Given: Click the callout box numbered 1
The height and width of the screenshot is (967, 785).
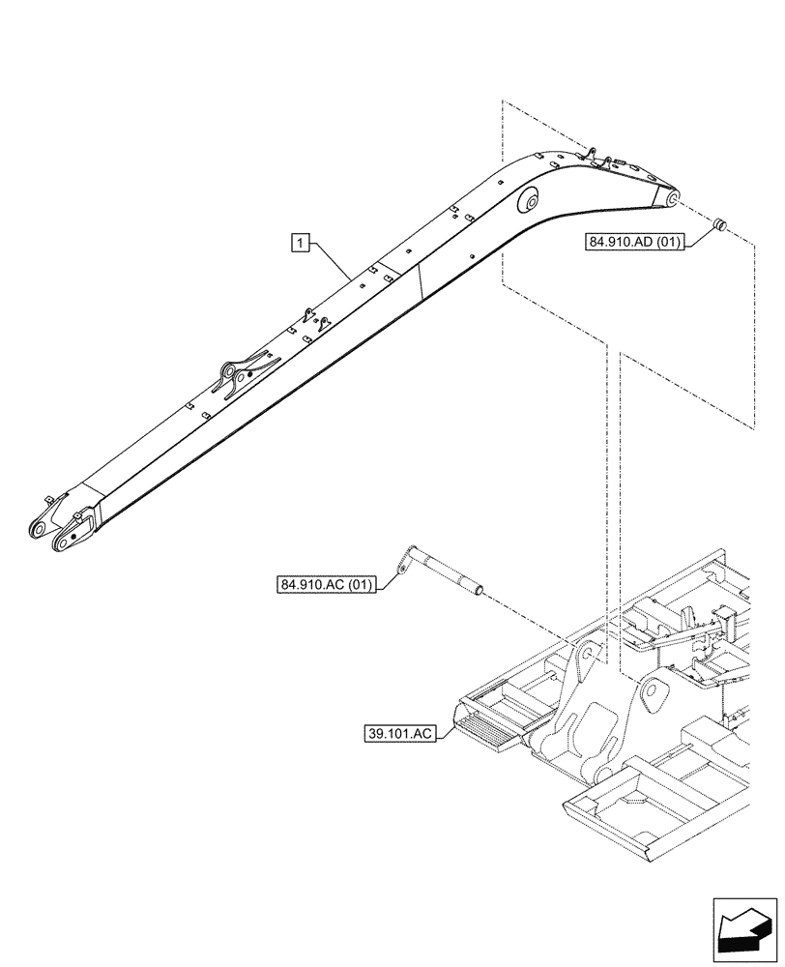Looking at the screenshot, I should point(302,242).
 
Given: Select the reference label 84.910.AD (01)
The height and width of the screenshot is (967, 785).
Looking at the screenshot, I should point(634,242).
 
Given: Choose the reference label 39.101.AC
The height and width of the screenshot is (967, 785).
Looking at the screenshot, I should point(399,734).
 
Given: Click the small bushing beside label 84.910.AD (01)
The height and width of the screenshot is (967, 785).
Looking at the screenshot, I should point(719,225).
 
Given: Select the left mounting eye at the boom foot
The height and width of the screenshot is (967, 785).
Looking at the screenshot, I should point(39,529).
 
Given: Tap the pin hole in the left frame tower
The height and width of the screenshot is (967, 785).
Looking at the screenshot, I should point(585,657).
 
